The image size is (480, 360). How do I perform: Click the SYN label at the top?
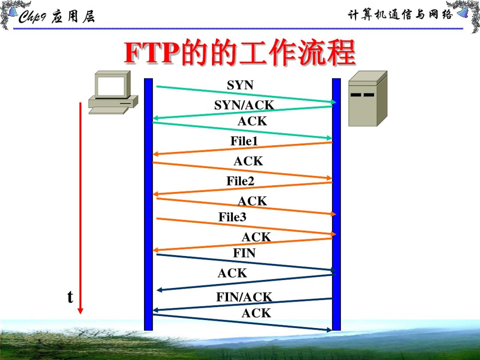click(x=240, y=85)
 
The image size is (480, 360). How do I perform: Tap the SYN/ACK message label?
click(x=244, y=105)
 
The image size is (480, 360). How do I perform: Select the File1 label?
click(x=244, y=141)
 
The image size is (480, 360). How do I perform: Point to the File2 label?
click(x=240, y=181)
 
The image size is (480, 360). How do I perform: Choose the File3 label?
click(x=232, y=217)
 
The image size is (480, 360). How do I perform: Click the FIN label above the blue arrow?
click(x=244, y=253)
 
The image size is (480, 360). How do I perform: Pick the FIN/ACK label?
click(x=244, y=297)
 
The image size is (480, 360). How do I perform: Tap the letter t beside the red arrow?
click(x=70, y=297)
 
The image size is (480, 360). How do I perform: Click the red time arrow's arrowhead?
click(x=80, y=311)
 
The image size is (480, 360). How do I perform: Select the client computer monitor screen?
click(x=111, y=86)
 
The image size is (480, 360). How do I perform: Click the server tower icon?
click(x=367, y=99)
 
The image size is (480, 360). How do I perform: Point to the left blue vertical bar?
click(x=148, y=204)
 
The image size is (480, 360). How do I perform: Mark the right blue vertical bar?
click(x=336, y=204)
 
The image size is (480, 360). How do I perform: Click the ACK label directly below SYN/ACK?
click(x=252, y=121)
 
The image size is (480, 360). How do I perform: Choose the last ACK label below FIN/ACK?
click(x=256, y=313)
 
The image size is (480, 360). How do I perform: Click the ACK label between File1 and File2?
click(x=248, y=161)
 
